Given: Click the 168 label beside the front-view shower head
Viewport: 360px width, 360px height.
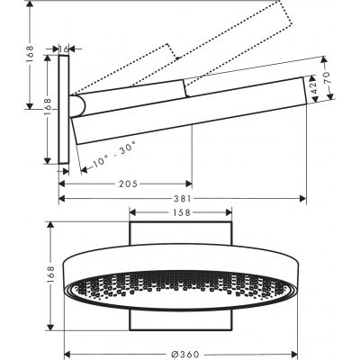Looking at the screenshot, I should pos(27,274).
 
